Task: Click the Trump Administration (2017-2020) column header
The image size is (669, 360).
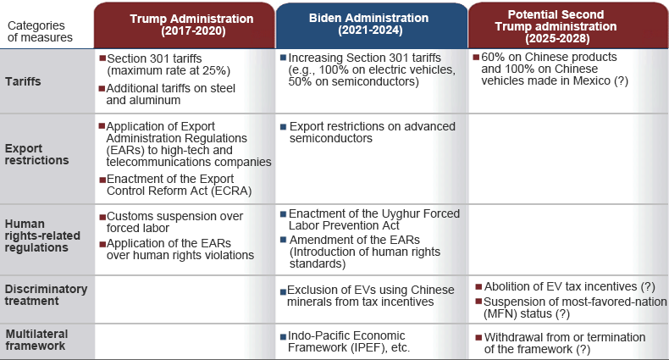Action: click(191, 25)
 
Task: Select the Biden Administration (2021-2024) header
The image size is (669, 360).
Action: click(368, 24)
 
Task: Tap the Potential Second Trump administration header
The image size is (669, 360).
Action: click(556, 26)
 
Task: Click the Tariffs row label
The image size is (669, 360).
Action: click(23, 81)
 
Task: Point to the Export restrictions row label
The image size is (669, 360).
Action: click(36, 154)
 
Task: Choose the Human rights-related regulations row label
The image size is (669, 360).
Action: click(42, 235)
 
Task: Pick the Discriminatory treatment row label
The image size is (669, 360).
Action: click(46, 295)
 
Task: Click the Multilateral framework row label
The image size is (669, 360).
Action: click(36, 340)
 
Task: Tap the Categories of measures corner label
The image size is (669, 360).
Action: click(40, 31)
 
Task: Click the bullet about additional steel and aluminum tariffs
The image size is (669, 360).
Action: click(168, 94)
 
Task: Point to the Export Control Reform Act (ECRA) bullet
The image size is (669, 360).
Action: click(175, 185)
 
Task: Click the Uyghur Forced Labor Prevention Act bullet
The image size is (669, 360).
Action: click(370, 219)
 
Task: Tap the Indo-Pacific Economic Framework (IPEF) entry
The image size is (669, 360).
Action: click(345, 341)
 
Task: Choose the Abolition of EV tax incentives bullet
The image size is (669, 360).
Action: click(566, 286)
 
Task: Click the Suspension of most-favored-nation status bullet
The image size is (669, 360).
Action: click(572, 307)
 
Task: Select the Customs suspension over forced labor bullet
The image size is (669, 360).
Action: click(171, 222)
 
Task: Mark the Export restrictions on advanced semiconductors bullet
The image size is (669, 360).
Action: click(368, 132)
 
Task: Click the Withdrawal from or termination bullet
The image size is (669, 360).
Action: click(561, 343)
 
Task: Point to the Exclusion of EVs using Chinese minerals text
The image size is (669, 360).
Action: click(368, 296)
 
